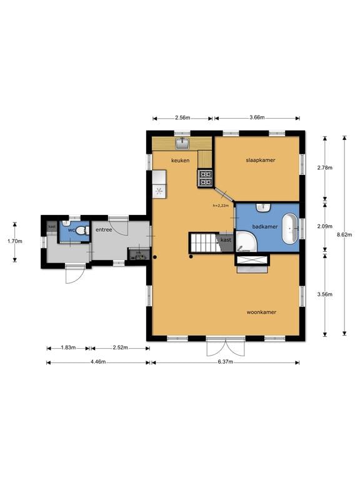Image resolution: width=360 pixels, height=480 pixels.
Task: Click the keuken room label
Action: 180,161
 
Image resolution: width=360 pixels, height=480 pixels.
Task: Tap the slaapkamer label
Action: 261,160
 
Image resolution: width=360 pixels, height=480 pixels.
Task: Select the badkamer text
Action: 265,226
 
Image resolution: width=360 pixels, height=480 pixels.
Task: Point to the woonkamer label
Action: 261,312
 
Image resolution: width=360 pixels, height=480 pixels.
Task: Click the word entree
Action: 104,229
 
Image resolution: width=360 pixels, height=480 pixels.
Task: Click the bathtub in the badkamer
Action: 290,229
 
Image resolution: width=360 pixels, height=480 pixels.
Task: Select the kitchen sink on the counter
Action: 183,143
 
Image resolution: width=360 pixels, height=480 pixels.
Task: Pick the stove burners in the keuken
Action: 206,178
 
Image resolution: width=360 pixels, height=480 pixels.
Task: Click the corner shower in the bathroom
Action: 246,242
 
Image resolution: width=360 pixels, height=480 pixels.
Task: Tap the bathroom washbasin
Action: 263,207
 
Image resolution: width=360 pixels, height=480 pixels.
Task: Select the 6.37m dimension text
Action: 225,362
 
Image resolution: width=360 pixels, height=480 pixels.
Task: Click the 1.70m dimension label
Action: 15,241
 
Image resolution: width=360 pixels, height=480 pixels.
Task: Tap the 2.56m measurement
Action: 182,117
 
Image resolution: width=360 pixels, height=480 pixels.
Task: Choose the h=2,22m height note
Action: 221,206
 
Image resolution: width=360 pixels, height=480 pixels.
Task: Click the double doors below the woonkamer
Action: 226,346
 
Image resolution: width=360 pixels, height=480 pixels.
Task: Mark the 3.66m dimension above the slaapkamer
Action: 257,117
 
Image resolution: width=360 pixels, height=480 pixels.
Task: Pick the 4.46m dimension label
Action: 98,362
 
